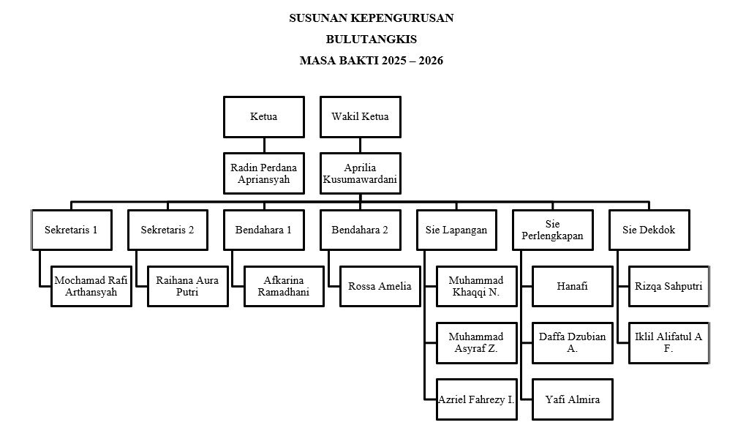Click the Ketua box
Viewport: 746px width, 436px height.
264,117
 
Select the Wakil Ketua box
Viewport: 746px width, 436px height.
360,117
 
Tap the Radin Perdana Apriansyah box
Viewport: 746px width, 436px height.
264,173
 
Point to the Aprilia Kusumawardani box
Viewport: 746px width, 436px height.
360,173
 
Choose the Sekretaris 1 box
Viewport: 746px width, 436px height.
72,230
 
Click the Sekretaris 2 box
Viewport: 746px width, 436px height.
167,230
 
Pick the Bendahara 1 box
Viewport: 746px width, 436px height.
264,230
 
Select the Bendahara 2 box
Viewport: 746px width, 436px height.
360,230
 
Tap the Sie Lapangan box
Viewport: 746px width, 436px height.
456,230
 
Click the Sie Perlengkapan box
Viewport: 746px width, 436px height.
553,230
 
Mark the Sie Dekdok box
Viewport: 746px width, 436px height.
649,230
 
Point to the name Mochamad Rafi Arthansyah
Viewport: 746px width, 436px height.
91,286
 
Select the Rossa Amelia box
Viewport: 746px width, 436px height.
380,286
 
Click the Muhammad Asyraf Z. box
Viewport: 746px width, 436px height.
477,342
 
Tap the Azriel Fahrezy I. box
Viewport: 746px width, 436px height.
477,399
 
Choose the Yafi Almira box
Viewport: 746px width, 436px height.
573,399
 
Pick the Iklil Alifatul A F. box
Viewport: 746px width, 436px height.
669,342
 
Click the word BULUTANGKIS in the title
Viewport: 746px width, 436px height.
372,39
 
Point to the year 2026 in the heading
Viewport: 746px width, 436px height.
431,61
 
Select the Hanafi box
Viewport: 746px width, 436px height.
573,286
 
